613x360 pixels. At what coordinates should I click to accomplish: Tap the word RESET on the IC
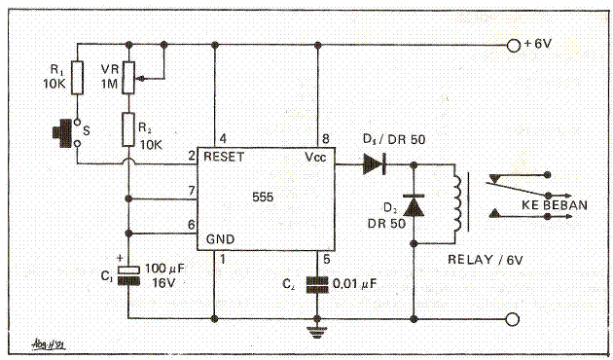[223, 156]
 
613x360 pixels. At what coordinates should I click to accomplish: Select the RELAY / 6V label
[484, 260]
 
